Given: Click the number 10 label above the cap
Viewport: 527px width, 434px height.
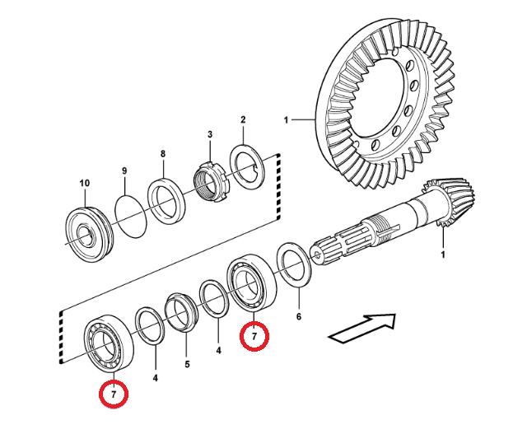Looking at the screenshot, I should point(84,183).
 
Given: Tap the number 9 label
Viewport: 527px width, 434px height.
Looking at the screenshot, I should point(124,170).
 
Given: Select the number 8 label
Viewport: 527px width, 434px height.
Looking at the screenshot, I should point(162,153).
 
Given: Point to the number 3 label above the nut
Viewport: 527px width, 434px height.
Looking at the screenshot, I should point(209,134).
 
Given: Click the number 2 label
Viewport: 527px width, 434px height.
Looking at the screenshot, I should point(243,120).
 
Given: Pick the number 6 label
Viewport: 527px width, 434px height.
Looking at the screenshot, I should point(299,316).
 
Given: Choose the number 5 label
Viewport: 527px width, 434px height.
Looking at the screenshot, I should point(187,364).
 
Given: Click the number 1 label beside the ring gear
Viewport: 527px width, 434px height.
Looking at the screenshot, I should point(287,120).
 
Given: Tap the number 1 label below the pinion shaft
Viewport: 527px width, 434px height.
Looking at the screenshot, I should point(442,254).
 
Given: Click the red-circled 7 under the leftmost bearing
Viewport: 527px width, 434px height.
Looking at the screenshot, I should point(114,395).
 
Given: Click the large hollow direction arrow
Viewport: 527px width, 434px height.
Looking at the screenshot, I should point(363,327).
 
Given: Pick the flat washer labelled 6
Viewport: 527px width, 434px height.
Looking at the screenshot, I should point(292,264).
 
